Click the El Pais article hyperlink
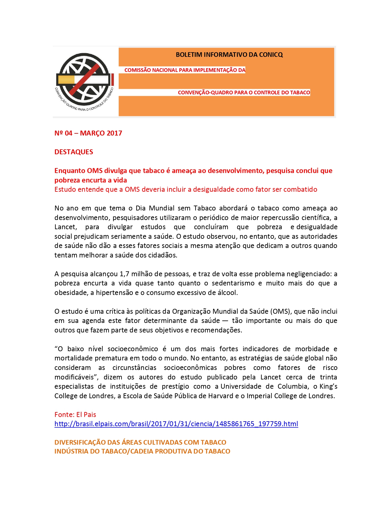tap(176, 424)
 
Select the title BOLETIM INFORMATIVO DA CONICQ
tap(229, 55)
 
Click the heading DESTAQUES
tap(74, 152)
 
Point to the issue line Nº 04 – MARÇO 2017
tap(88, 133)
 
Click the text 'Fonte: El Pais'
tap(75, 415)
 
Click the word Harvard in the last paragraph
tap(221, 396)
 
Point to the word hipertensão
tap(114, 293)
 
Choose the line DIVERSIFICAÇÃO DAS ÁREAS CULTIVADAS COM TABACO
tap(140, 442)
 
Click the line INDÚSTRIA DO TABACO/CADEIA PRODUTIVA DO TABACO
tap(142, 451)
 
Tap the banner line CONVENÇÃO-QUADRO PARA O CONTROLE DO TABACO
tap(244, 92)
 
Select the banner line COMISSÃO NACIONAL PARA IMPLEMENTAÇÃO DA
tap(185, 70)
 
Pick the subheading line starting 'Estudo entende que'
tap(186, 189)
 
